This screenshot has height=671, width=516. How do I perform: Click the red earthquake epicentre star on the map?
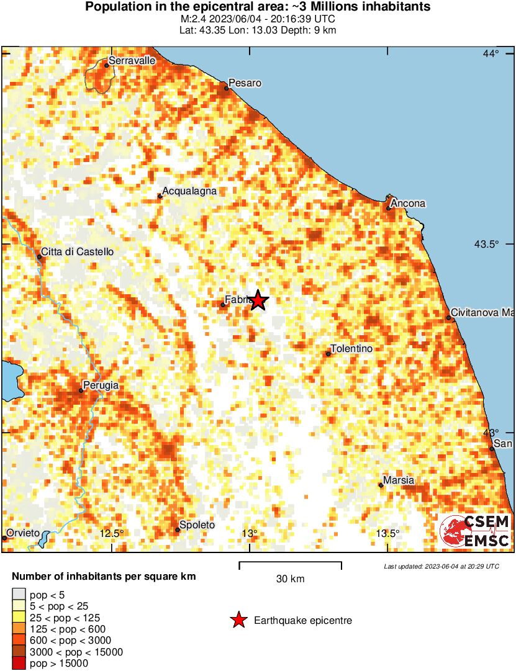click(258, 301)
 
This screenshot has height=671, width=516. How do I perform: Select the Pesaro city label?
click(245, 83)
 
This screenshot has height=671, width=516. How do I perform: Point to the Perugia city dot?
click(81, 390)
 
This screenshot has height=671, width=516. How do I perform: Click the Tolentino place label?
click(352, 349)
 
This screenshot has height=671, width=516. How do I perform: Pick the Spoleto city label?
click(197, 525)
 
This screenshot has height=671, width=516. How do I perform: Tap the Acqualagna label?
click(189, 191)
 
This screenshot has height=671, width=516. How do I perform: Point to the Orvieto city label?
click(23, 533)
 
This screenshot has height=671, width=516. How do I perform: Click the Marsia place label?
click(399, 480)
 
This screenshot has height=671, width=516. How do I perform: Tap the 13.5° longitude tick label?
click(388, 534)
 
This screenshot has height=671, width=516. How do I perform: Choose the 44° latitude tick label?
click(491, 54)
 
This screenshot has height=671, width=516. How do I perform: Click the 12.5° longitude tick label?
click(112, 533)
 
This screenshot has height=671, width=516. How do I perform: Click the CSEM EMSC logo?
click(475, 531)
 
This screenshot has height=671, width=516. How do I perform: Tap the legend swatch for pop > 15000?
click(19, 664)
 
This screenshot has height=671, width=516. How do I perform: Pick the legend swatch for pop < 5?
click(19, 595)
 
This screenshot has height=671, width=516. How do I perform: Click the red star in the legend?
click(238, 620)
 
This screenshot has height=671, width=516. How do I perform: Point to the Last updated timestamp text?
click(441, 566)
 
